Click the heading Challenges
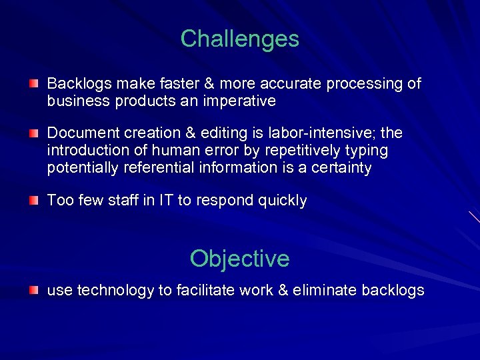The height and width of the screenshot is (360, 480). (239, 39)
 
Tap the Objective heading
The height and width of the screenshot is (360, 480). (239, 258)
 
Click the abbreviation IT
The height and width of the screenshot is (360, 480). (166, 201)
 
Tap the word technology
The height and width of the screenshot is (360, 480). (115, 291)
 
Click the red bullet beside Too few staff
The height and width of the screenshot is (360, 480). (33, 200)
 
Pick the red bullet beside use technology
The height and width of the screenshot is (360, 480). (33, 290)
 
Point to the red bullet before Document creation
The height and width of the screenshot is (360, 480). (33, 133)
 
